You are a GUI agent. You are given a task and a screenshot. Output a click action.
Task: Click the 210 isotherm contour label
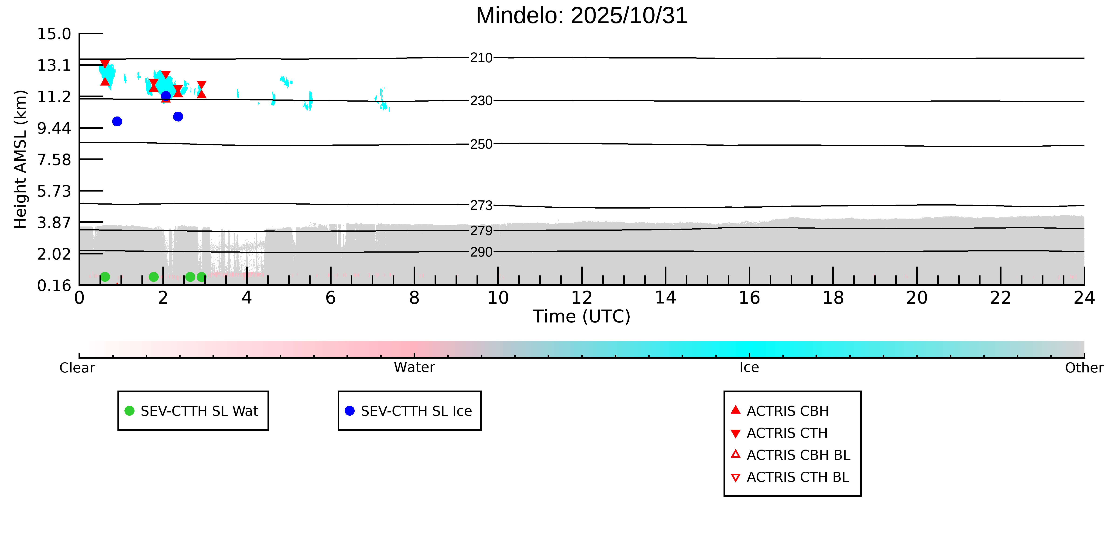point(481,58)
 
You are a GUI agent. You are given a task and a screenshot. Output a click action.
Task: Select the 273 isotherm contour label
point(481,205)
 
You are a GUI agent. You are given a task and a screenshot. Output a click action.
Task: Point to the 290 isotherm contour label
point(481,252)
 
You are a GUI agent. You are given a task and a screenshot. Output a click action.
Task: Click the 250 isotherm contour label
point(481,144)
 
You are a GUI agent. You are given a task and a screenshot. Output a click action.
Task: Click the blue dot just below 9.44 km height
point(117,122)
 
